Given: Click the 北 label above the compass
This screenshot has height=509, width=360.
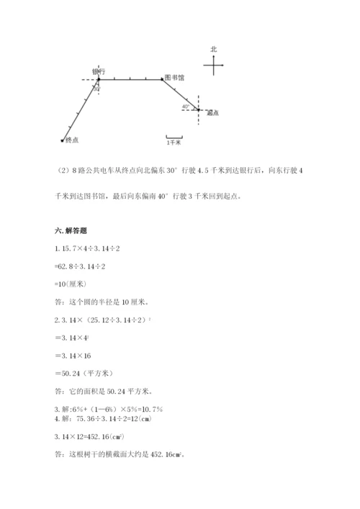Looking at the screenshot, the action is [214, 50].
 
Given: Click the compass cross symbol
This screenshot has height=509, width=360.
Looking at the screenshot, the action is [214, 66].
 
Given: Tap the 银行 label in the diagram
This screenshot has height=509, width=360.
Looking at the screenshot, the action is [99, 71].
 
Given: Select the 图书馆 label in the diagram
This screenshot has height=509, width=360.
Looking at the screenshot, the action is [174, 76].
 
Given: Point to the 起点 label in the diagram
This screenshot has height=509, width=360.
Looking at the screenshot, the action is [212, 113].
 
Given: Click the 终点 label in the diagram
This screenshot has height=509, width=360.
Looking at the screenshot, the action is [71, 140].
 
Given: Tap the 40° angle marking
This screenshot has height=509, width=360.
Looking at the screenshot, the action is [186, 106].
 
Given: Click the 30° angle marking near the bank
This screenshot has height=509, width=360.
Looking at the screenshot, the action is [96, 88].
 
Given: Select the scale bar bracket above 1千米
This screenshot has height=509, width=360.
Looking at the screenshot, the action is [174, 136].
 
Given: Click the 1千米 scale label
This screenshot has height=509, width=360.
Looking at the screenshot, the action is [174, 143].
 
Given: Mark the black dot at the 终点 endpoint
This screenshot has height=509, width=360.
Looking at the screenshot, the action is [63, 140].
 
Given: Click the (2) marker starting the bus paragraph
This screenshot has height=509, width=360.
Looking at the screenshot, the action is [63, 171].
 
